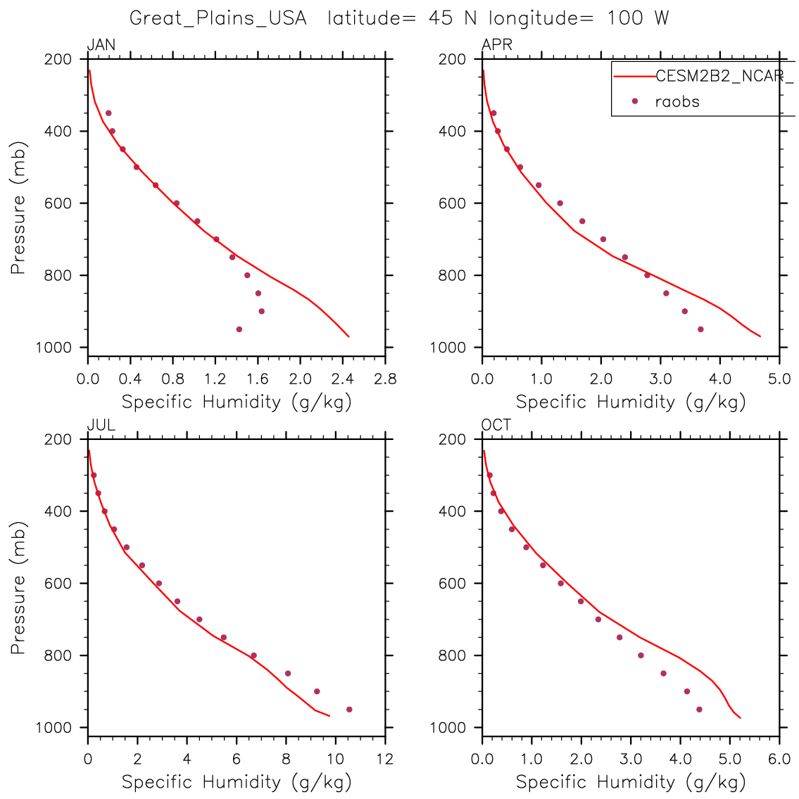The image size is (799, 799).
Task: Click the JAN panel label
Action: [x=101, y=46]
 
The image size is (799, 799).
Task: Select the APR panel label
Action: [x=496, y=46]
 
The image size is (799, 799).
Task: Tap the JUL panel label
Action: [x=101, y=425]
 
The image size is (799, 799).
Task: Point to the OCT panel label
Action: [x=496, y=425]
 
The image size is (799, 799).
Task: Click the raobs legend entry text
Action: [x=677, y=101]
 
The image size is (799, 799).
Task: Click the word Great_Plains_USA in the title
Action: [x=218, y=18]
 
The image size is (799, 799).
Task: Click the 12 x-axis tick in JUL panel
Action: [x=385, y=760]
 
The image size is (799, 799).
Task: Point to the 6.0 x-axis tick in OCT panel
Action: [x=779, y=760]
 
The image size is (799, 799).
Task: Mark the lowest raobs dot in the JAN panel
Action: [x=239, y=329]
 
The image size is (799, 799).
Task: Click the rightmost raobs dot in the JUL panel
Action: [x=349, y=710]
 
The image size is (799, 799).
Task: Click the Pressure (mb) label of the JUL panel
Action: [x=18, y=588]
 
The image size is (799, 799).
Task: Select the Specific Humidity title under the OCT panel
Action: [x=631, y=781]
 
